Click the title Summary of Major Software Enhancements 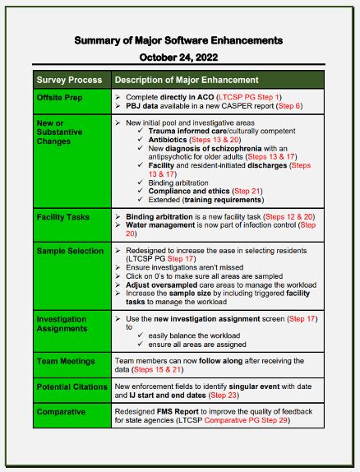point(178,39)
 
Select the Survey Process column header point(69,80)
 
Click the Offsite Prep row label point(59,97)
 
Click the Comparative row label point(61,411)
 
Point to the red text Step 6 point(288,106)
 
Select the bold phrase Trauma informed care point(182,131)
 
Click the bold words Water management point(169,224)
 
